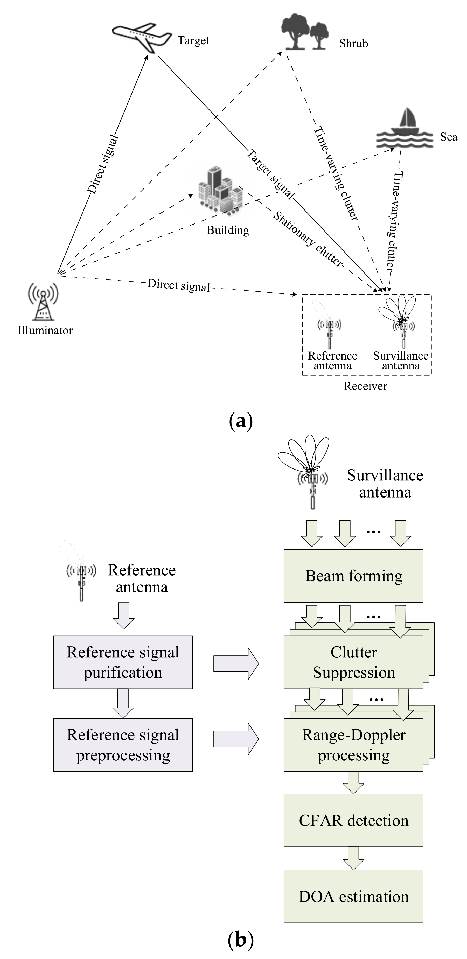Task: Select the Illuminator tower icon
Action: (x=43, y=302)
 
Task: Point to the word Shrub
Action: (x=353, y=44)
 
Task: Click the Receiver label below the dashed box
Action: (x=365, y=386)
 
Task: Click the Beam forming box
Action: (x=353, y=576)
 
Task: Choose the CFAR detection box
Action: (x=353, y=821)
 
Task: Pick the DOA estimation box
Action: (x=353, y=897)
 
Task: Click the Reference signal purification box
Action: (x=123, y=662)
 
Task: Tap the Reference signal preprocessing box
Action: (x=123, y=745)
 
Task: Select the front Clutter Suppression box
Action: (x=353, y=662)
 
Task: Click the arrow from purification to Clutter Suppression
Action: (x=236, y=664)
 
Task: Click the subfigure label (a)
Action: (x=241, y=421)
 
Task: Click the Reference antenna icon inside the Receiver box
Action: (x=329, y=328)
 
